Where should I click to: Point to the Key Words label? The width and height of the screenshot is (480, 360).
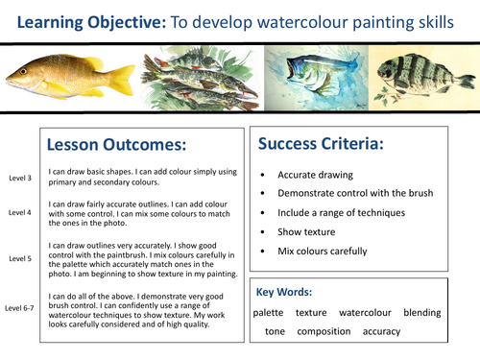(288, 289)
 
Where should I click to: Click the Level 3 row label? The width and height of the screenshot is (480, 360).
(19, 178)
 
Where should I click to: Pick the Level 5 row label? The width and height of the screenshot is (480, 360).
(19, 258)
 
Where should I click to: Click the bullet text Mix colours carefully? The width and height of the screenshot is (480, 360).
(322, 251)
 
